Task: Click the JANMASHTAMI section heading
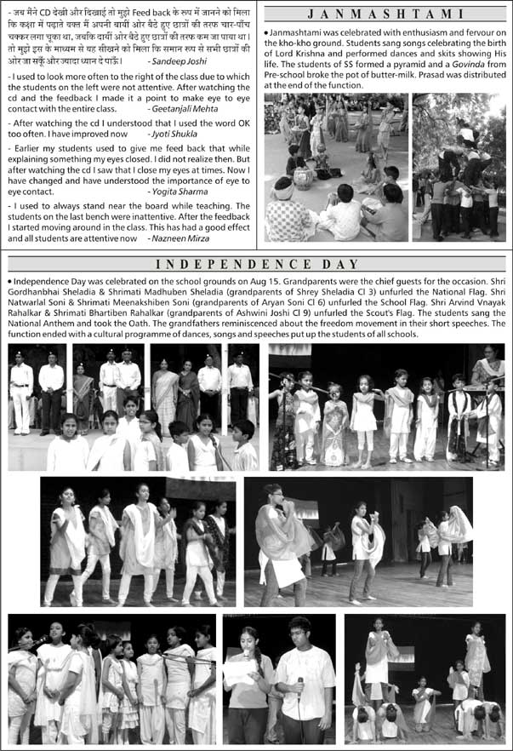click(x=386, y=14)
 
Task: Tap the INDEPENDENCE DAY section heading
click(x=257, y=265)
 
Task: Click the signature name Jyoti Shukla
click(x=175, y=135)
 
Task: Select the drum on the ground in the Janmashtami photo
click(x=303, y=179)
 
